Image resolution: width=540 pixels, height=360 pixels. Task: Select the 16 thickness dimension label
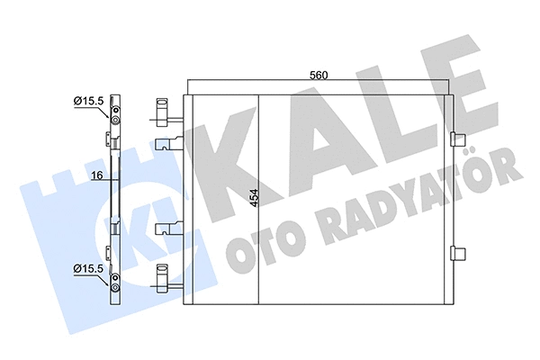tap(95, 177)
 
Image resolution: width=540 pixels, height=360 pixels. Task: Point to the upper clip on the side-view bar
tap(113, 139)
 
